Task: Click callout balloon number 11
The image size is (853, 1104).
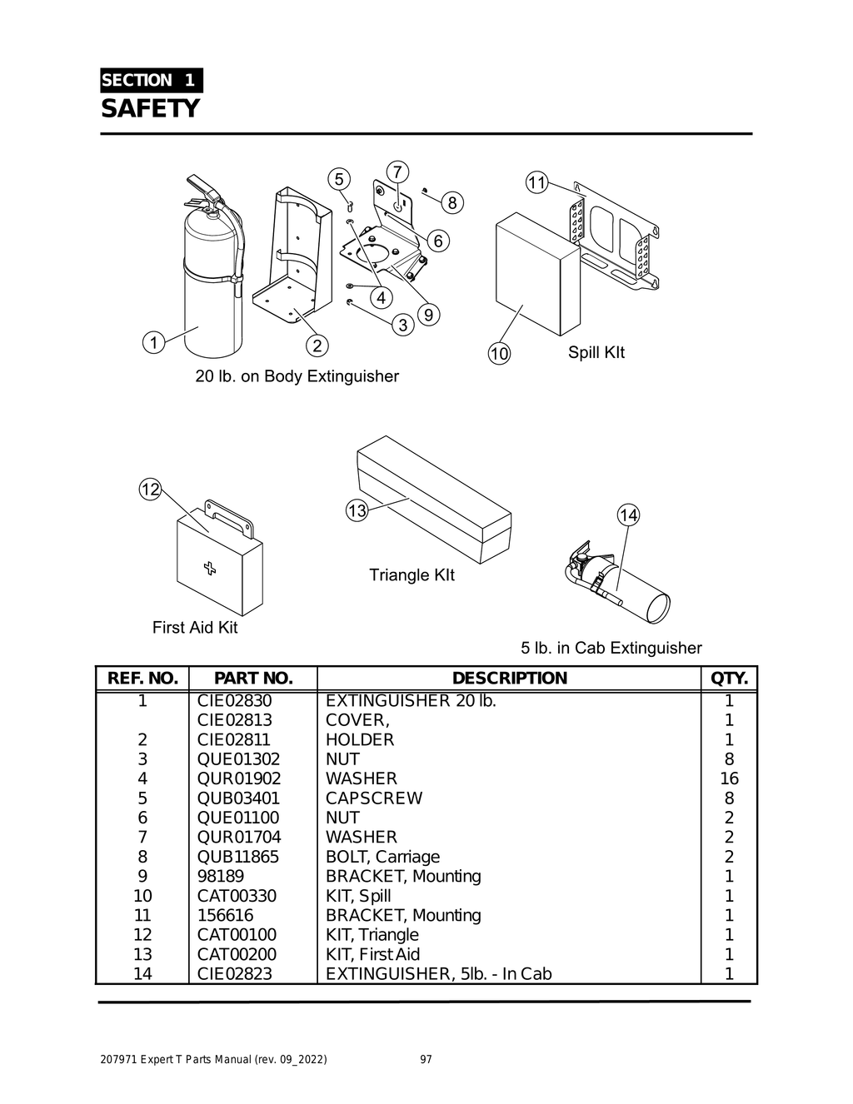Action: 536,182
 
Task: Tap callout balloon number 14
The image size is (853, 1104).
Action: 628,515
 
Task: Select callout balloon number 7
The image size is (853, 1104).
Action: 397,172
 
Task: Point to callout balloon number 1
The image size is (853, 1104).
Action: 153,342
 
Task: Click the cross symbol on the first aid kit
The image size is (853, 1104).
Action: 209,568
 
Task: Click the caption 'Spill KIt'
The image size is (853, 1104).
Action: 596,352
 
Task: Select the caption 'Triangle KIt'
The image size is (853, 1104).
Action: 412,575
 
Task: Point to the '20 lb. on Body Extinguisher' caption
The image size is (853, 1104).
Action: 297,376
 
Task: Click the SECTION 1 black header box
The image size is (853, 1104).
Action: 151,81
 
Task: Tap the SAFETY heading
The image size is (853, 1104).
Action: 151,108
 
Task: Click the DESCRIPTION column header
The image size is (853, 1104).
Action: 509,679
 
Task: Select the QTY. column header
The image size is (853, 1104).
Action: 729,679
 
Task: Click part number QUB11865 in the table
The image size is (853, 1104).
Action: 238,857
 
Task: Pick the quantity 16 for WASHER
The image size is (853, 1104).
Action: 729,778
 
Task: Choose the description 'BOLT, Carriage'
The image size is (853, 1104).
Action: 382,857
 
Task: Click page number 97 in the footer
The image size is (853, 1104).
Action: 426,1060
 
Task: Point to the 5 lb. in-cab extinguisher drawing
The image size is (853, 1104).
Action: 621,583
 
